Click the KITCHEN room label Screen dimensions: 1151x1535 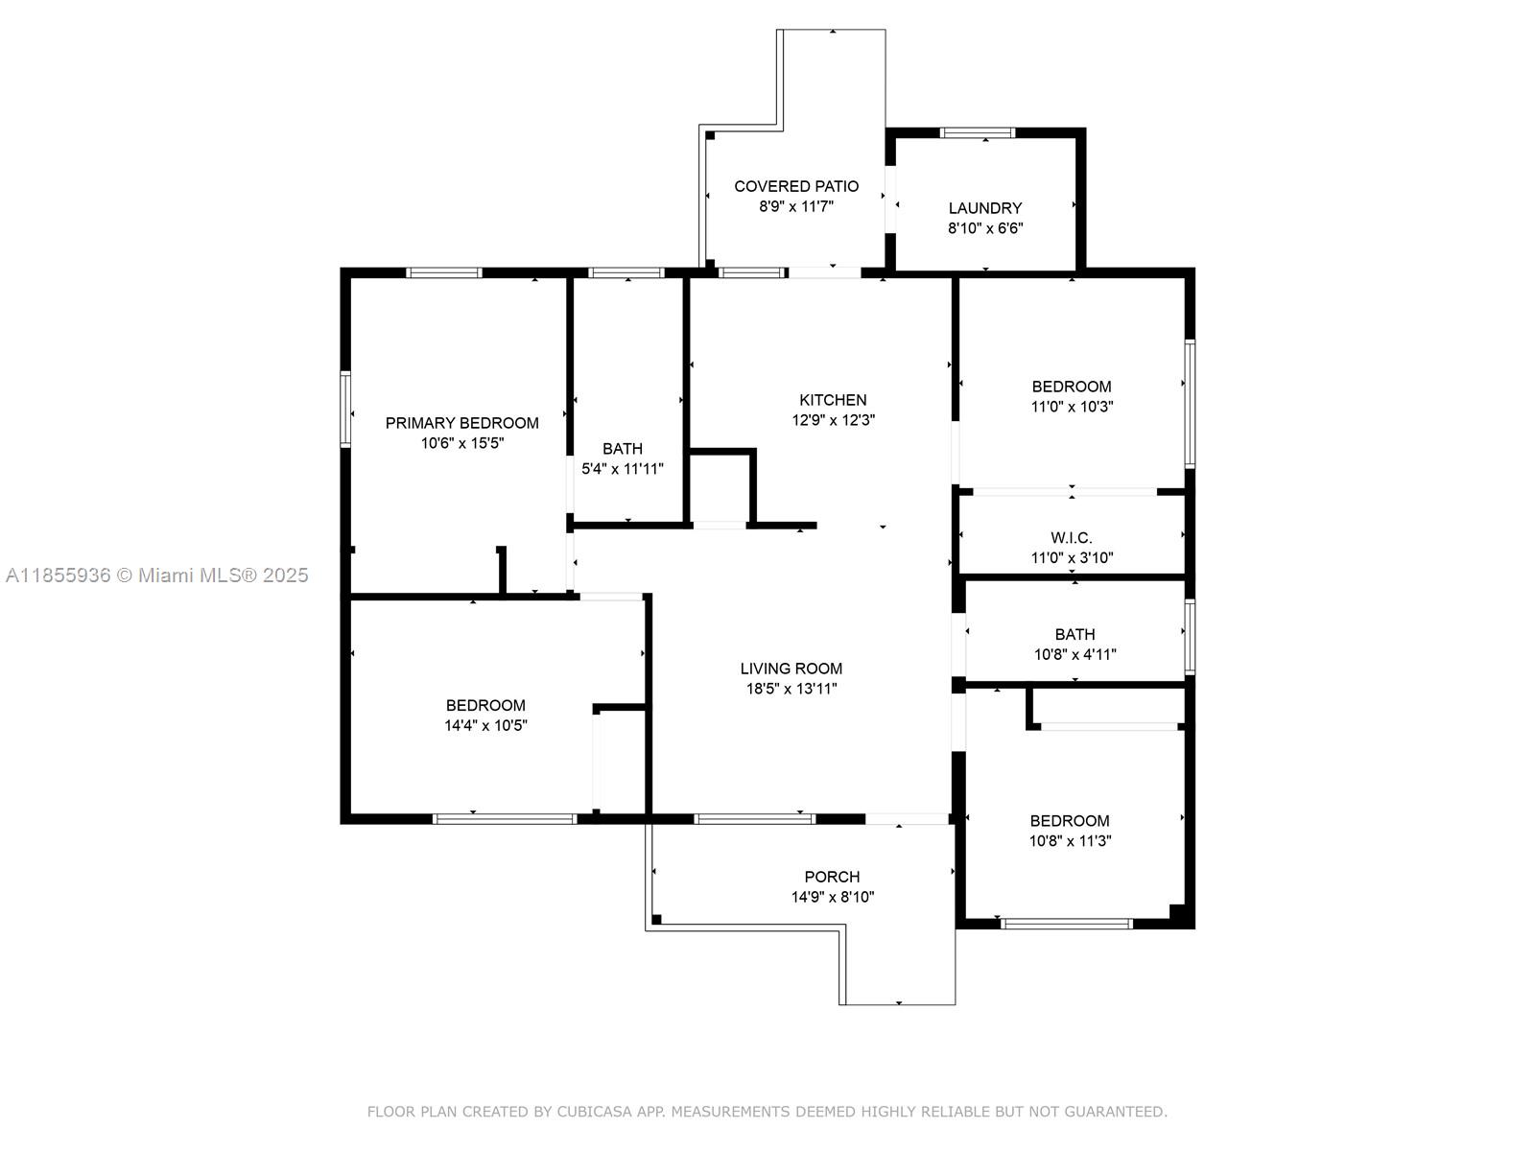tap(833, 400)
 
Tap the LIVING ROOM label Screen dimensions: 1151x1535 tap(791, 669)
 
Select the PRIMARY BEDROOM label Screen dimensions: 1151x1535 tap(461, 423)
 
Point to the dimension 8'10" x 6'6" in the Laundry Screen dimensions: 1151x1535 tap(985, 228)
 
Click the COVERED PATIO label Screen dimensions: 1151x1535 tap(796, 186)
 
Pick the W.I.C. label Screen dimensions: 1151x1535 tap(1072, 538)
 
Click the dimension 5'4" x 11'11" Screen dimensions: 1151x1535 tap(623, 469)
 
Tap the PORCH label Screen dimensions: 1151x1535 tap(832, 877)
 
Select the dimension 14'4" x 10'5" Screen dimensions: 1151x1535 tap(485, 726)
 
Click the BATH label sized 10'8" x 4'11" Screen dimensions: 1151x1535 tap(1074, 634)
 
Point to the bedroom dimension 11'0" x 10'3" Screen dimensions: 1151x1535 tap(1072, 407)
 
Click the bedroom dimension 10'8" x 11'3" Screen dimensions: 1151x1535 tap(1070, 841)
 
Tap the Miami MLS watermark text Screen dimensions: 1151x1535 tap(157, 575)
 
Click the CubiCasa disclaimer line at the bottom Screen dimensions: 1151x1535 tap(767, 1112)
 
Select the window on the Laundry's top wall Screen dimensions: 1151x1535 tap(977, 133)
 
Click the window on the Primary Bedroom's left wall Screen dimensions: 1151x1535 tap(345, 410)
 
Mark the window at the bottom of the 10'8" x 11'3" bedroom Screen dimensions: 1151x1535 tap(1066, 924)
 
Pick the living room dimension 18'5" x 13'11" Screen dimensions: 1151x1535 tap(791, 689)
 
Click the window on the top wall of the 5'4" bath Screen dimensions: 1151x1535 tap(626, 272)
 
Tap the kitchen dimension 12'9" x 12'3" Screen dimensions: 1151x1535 tap(833, 420)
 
